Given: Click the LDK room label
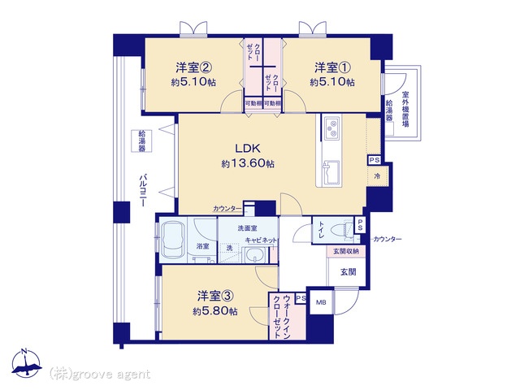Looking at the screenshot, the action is coord(247,148).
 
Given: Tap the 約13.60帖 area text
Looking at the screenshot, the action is coord(248,163).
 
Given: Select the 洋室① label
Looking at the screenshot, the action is coord(332,67).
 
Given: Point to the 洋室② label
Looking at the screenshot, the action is coord(193,67).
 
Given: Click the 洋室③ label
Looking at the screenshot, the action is coord(216,296).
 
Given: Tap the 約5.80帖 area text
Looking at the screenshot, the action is coord(214,311).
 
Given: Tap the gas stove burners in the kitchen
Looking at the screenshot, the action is coord(331,128).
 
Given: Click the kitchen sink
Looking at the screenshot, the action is coord(331,172).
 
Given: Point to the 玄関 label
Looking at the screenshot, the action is coord(349,272).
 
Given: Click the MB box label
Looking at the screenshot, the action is coord(321,302).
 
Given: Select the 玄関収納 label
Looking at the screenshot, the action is coord(346,251).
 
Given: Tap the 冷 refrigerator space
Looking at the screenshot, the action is coord(377,176).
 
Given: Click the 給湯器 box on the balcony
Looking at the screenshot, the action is coord(141,141).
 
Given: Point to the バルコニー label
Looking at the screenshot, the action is coord(143,189).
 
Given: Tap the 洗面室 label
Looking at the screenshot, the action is coord(247,228).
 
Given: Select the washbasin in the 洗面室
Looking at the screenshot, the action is coord(254,255).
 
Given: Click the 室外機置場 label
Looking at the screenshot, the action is coord(405,109).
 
